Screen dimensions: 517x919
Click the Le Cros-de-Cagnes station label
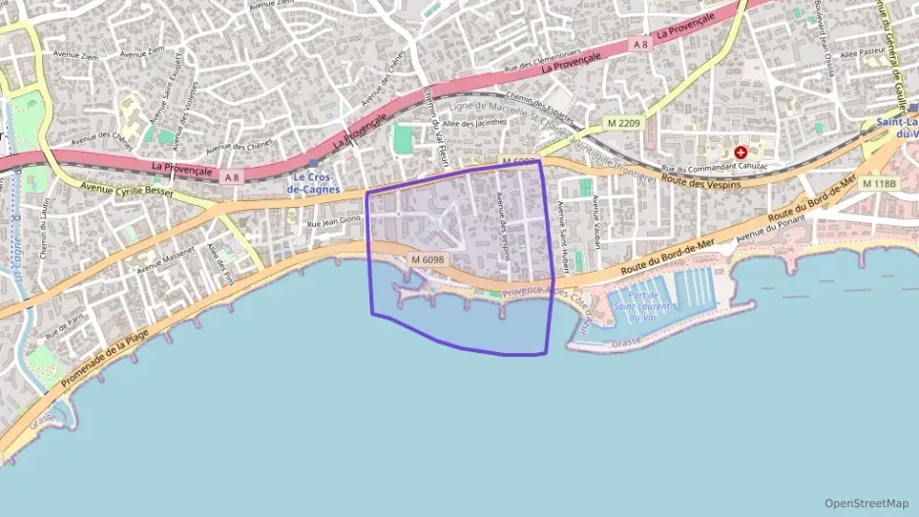(313, 182)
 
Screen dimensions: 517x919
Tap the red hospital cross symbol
(740, 153)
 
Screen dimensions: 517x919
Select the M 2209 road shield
(623, 123)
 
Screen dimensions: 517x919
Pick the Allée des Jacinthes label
(475, 124)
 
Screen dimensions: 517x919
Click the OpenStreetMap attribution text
(866, 503)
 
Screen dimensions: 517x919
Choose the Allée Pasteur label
(863, 55)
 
